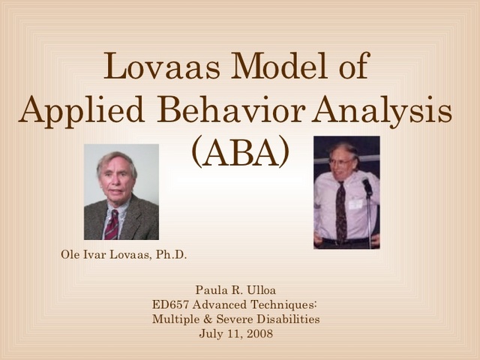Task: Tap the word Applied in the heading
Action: click(73, 112)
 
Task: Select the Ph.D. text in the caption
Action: click(172, 255)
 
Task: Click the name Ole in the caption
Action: click(70, 255)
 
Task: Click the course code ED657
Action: click(169, 304)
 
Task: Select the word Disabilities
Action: click(290, 319)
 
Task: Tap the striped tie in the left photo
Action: click(112, 223)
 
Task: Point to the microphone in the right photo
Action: click(367, 184)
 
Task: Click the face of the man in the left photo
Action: click(117, 178)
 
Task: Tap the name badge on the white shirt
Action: click(355, 203)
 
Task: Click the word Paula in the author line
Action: click(211, 289)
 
